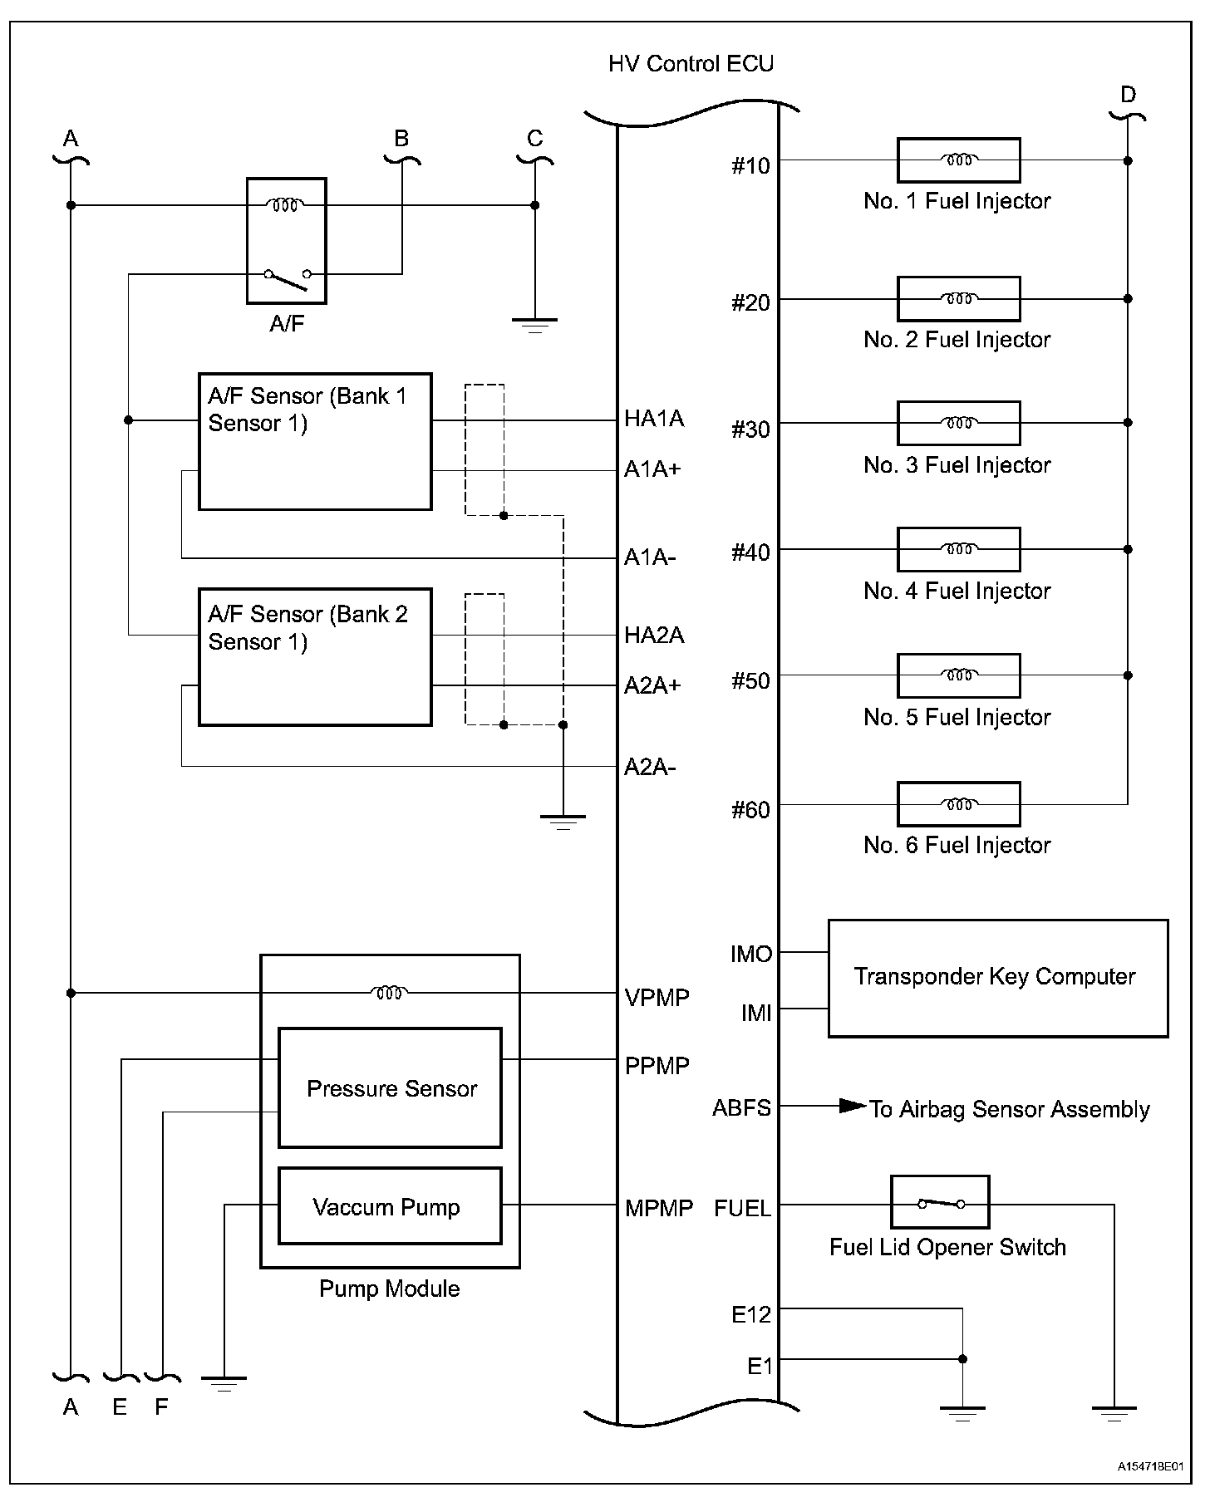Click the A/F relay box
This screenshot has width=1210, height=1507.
(x=286, y=240)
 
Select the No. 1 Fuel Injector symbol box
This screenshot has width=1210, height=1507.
(x=958, y=160)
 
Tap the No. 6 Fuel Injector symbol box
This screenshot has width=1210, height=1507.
(x=958, y=804)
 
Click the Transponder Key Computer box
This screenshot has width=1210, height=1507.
(x=997, y=978)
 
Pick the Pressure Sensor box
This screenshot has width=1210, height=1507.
(x=390, y=1087)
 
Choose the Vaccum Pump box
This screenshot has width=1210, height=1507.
(x=390, y=1205)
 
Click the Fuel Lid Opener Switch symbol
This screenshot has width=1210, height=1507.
(x=940, y=1202)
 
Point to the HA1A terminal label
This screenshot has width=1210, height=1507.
(x=654, y=419)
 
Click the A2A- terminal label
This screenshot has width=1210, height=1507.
(x=650, y=767)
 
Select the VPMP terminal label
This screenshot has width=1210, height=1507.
(x=657, y=997)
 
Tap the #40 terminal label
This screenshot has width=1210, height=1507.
(x=750, y=553)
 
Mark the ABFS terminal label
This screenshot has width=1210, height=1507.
(x=741, y=1108)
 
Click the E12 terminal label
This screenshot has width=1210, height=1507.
(x=751, y=1315)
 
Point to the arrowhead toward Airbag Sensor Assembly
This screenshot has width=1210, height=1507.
(x=852, y=1106)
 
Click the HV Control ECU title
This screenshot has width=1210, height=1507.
(x=691, y=64)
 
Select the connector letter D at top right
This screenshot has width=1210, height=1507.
(x=1128, y=95)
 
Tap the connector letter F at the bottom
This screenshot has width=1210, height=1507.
(x=161, y=1406)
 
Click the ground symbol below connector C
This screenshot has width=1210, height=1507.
(x=534, y=324)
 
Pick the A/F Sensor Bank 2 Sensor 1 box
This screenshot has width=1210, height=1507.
(x=315, y=657)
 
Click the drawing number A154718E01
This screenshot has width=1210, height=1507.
(x=1150, y=1467)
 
